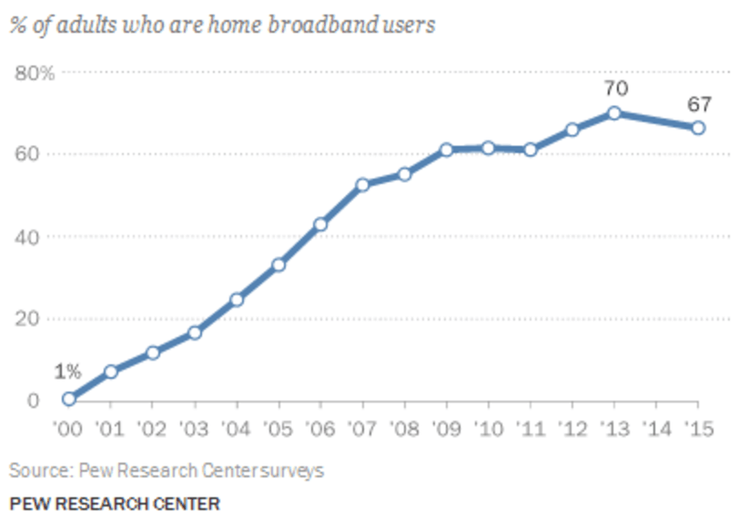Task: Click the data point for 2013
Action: point(614,113)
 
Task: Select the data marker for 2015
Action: point(698,128)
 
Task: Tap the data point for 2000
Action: point(69,398)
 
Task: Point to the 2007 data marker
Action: point(362,185)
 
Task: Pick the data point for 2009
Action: point(446,149)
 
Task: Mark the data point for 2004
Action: point(237,300)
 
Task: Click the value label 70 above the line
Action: point(616,88)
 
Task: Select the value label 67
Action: point(700,103)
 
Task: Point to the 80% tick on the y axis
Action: point(35,73)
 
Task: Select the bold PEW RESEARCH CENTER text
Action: point(115,502)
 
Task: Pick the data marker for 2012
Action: point(572,129)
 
